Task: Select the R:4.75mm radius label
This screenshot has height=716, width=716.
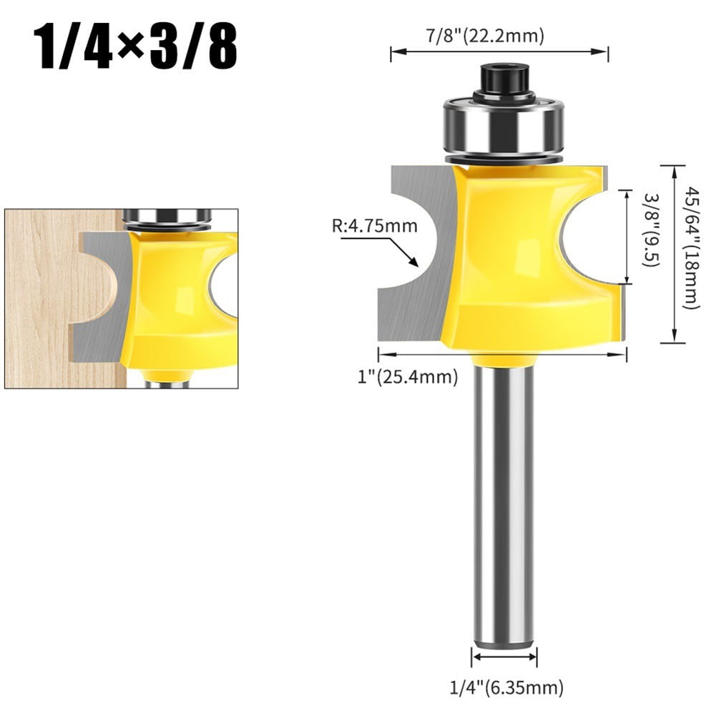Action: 375,227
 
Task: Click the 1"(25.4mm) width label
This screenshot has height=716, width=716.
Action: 408,376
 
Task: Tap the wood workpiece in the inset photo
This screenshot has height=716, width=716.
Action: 43,300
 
